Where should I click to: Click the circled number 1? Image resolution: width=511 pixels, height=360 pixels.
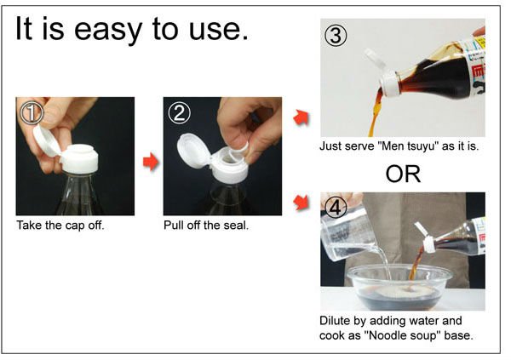coord(32,112)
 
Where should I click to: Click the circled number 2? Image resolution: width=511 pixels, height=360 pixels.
coord(179,112)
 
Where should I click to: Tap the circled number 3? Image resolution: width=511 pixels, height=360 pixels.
coord(336,35)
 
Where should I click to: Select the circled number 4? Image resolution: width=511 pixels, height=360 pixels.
coord(336,207)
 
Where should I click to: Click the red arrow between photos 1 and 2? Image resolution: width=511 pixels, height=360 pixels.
coord(151,161)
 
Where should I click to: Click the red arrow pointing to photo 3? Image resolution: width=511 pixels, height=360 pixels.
coord(301,117)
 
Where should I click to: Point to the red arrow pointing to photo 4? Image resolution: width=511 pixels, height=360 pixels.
coord(301,202)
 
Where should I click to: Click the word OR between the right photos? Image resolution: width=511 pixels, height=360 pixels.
coord(403,174)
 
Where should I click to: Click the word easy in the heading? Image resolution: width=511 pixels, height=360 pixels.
coord(107,30)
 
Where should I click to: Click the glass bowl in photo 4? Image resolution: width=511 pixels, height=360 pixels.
coord(400,287)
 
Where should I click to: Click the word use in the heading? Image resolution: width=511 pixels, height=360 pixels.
coord(219,30)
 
